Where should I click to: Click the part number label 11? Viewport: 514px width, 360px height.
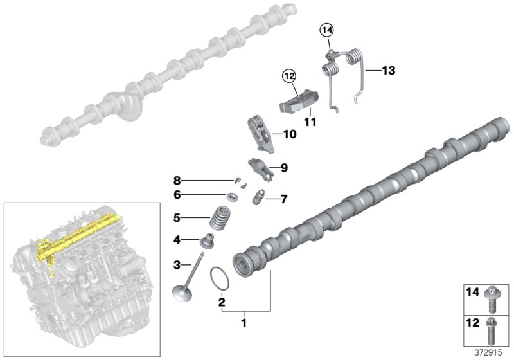coord(311,120)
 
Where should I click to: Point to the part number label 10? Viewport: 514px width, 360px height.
coord(289,135)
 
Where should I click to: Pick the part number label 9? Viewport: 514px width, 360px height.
coord(283,168)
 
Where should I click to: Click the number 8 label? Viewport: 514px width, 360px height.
coord(178,180)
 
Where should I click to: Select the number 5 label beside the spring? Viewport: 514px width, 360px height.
coord(178,217)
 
